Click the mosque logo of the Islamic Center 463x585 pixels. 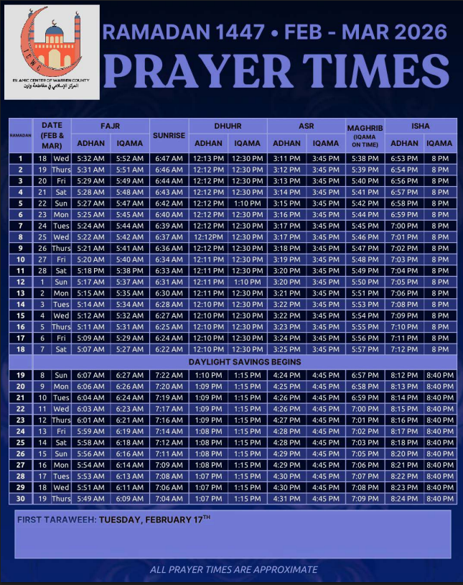click(51, 44)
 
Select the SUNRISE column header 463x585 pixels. click(168, 135)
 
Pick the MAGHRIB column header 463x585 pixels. click(365, 128)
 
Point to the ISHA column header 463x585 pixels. click(421, 126)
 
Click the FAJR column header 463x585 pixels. click(110, 126)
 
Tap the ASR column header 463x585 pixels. click(306, 126)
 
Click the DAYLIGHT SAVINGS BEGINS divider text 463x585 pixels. click(245, 362)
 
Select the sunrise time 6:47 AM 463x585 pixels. click(169, 158)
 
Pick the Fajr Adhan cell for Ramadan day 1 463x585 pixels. click(90, 158)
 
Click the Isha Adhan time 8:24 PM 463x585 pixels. click(403, 499)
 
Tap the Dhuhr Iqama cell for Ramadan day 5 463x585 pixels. click(246, 203)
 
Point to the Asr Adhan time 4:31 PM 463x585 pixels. click(287, 499)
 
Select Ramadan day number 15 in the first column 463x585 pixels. click(21, 316)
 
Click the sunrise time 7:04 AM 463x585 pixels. click(169, 499)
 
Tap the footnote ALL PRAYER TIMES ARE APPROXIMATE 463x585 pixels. click(233, 569)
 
